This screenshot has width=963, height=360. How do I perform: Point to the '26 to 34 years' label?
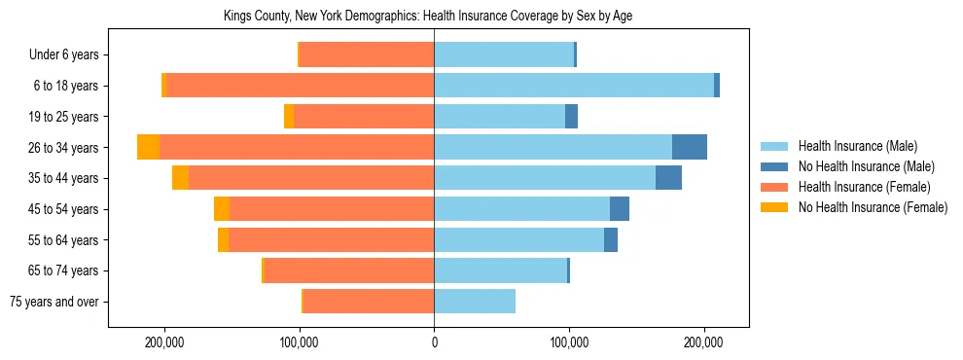click(63, 148)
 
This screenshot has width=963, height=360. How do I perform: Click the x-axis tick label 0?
click(434, 342)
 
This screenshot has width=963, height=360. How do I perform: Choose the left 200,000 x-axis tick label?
click(164, 342)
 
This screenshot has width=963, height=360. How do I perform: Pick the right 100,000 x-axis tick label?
click(568, 342)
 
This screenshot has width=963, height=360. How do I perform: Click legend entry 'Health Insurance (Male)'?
click(857, 146)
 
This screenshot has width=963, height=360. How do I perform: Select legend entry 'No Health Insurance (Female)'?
click(873, 207)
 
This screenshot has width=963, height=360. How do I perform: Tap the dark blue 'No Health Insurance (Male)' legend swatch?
click(775, 166)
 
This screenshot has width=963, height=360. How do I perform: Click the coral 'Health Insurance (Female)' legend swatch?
click(775, 187)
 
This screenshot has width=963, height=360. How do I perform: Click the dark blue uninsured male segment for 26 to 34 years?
click(689, 147)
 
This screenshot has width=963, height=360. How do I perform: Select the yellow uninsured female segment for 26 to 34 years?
click(148, 147)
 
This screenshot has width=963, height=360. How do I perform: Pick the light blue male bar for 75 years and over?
click(475, 302)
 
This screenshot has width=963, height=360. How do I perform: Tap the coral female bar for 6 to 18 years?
click(300, 86)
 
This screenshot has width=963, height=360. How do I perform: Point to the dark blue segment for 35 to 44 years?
click(668, 178)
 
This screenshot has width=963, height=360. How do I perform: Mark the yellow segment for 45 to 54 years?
click(222, 209)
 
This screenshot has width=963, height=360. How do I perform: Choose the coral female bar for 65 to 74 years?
click(348, 270)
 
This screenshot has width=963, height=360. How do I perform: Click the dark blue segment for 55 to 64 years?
click(611, 239)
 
